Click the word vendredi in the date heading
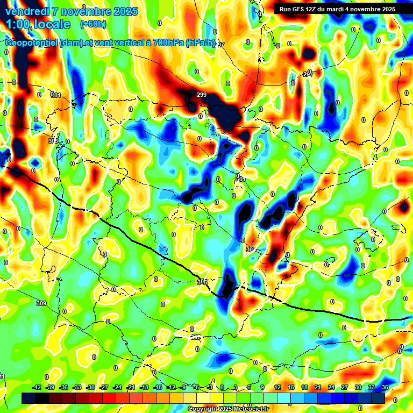pyautogui.click(x=25, y=11)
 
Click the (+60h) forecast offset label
pyautogui.click(x=93, y=24)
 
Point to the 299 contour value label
pyautogui.click(x=202, y=95)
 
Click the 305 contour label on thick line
pyautogui.click(x=202, y=281)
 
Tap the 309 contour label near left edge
pyautogui.click(x=41, y=304)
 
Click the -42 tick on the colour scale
pyautogui.click(x=37, y=387)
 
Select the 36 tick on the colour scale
pyautogui.click(x=384, y=387)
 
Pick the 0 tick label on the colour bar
pyautogui.click(x=223, y=387)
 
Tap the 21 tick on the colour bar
pyautogui.click(x=318, y=387)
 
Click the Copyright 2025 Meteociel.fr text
pyautogui.click(x=229, y=409)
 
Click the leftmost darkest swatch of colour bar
pyautogui.click(x=29, y=398)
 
